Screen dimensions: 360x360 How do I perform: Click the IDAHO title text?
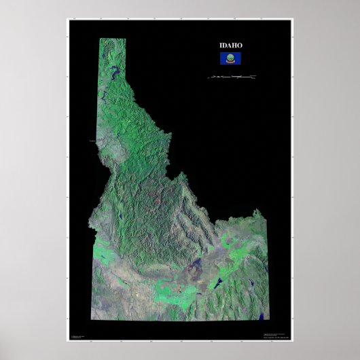[231, 46]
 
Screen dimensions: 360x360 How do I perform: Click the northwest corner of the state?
[100, 39]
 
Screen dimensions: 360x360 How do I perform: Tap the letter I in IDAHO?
[221, 46]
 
